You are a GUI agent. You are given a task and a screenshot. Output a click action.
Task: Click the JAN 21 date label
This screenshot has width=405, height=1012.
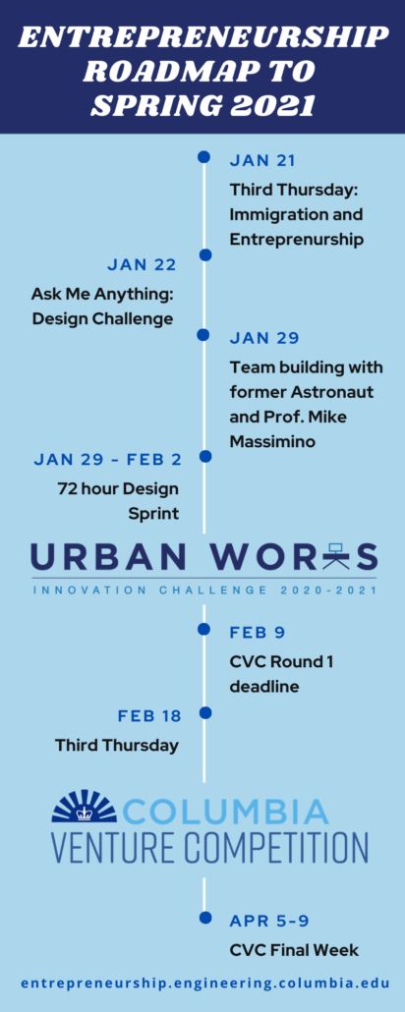[x=262, y=161]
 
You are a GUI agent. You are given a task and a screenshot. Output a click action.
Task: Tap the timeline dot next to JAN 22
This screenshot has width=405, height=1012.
[x=205, y=254]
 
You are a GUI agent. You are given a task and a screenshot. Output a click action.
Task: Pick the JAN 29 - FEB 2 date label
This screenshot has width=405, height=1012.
[x=107, y=460]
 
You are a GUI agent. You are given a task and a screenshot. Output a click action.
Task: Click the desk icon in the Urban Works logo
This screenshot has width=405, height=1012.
[x=334, y=556]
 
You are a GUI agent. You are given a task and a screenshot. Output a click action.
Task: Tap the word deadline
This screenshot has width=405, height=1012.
[x=264, y=686]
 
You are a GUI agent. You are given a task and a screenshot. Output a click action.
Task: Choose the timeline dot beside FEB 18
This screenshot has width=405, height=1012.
[x=205, y=712]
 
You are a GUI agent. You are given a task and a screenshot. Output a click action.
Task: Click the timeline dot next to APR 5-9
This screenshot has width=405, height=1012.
[x=205, y=917]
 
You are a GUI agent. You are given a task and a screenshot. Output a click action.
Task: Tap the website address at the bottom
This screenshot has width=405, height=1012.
[x=205, y=984]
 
